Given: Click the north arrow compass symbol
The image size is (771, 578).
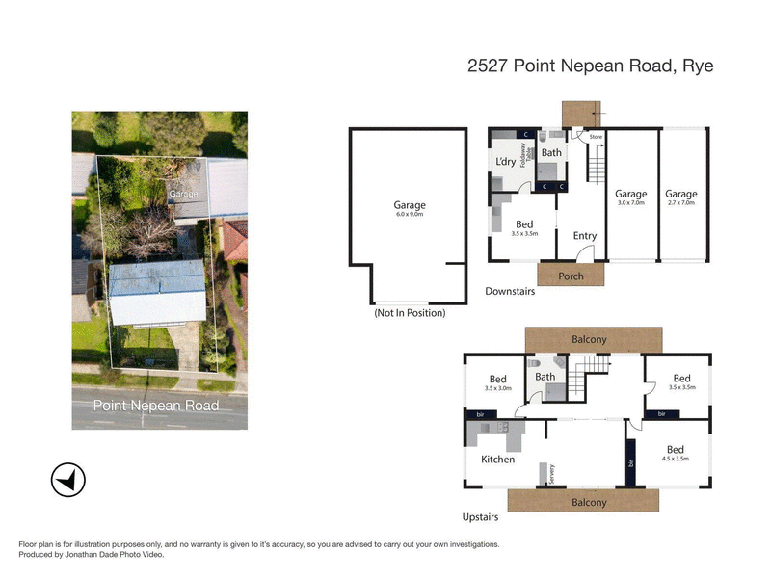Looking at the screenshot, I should (x=68, y=479).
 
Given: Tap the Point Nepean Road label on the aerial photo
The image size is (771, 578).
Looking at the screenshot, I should (x=155, y=406).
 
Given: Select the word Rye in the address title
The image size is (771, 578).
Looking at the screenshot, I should (x=697, y=66).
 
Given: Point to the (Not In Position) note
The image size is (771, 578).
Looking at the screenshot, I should (x=409, y=313).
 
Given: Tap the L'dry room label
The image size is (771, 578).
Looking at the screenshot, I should (x=505, y=161).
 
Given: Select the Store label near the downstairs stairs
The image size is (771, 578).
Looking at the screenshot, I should (x=596, y=137).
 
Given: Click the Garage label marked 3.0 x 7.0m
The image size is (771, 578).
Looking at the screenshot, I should (x=631, y=194).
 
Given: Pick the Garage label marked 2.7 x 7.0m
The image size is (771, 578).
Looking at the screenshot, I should (x=680, y=194).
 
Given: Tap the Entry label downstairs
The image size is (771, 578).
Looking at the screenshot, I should (x=584, y=235).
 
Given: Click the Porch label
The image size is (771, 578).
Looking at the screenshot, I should (x=571, y=276).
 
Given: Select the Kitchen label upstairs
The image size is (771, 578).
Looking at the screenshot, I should (x=497, y=460).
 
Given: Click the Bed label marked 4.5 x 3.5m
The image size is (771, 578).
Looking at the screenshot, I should (x=675, y=450).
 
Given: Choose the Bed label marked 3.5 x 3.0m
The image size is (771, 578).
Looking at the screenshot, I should (x=497, y=379).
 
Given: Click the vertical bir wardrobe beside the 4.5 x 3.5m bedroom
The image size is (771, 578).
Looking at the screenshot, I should (x=631, y=463).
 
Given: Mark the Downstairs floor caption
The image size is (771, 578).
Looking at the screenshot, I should (x=510, y=291).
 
